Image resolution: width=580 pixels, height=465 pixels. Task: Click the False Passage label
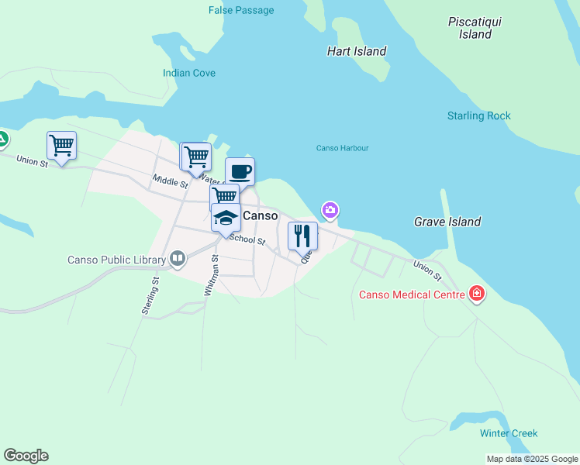pos(241,10)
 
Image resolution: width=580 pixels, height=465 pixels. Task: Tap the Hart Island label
pos(357,51)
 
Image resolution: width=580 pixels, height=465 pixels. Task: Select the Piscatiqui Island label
pos(475,28)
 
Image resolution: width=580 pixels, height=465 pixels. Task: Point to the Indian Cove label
pos(189,73)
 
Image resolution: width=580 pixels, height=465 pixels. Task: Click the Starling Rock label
pos(478,115)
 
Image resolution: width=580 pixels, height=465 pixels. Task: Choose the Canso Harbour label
pos(342,148)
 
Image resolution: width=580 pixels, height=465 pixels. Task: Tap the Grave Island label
pos(447,222)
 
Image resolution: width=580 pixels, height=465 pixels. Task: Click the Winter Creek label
pos(508,433)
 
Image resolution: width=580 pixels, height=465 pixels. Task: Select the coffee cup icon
pos(240,171)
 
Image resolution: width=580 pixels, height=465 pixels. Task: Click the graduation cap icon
pos(226,218)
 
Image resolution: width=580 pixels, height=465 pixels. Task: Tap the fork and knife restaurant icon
pos(302,235)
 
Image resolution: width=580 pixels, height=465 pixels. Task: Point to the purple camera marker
pos(330,210)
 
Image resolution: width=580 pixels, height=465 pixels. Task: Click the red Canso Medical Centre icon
pos(476,294)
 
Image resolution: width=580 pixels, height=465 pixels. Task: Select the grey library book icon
pos(178,259)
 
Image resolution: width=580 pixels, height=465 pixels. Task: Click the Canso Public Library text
pos(116,260)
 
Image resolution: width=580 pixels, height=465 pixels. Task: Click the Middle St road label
pos(170,181)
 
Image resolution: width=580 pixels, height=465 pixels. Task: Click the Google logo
pos(26,456)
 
